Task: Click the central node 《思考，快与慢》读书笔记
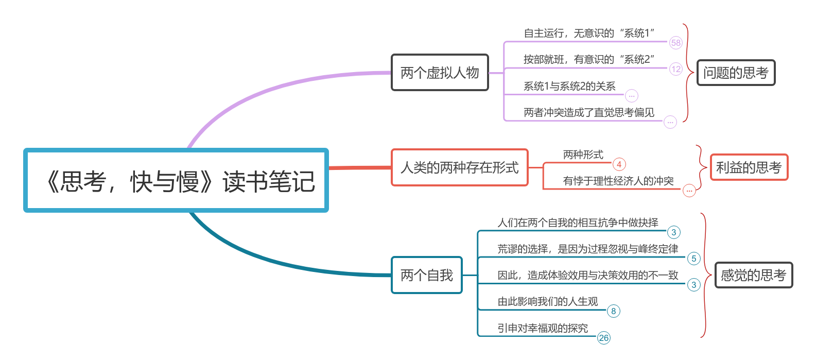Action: point(176,181)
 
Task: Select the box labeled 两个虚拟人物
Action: point(440,73)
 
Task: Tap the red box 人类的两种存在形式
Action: point(460,167)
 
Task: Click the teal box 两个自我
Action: point(427,275)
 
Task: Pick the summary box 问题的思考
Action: point(736,73)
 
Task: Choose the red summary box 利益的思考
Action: point(749,167)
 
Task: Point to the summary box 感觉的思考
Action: point(753,275)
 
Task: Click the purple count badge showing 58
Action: point(676,43)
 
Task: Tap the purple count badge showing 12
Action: point(676,69)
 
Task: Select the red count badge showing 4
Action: point(619,164)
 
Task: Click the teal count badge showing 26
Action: point(604,338)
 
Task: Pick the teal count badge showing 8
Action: point(613,311)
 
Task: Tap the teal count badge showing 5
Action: point(694,259)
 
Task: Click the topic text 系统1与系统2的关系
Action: point(569,86)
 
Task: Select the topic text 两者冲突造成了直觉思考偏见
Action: point(589,112)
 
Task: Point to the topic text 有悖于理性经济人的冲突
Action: point(618,181)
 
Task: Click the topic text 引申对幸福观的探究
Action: point(543,328)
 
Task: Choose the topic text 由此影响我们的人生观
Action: point(548,301)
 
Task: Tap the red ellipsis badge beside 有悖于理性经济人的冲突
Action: point(689,191)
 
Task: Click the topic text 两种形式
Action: point(583,155)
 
